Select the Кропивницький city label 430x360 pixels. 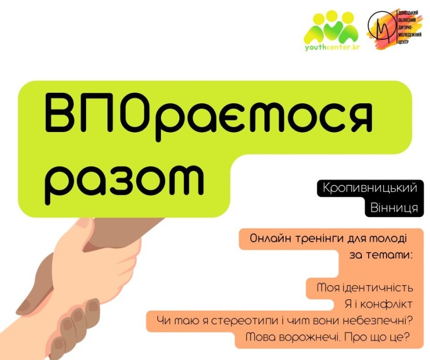click(370, 188)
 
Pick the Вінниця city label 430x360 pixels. click(394, 208)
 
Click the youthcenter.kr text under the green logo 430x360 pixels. click(332, 47)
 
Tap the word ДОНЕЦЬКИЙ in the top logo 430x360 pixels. click(408, 14)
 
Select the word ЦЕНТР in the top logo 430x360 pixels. click(403, 42)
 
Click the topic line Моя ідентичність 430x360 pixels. click(365, 288)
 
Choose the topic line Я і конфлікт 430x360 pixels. click(379, 304)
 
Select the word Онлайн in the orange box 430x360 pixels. click(271, 238)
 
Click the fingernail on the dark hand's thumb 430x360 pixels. click(27, 305)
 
